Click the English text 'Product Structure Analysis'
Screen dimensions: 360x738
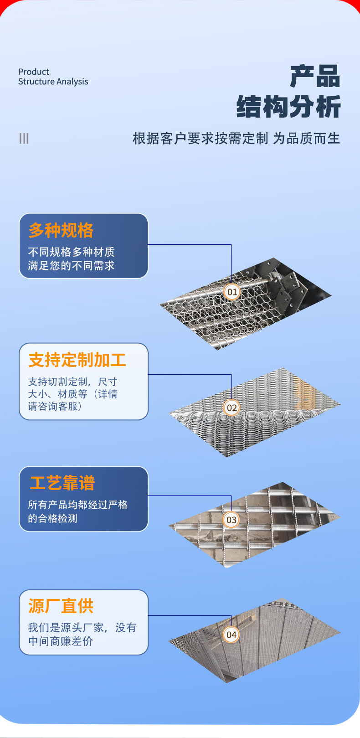(53, 77)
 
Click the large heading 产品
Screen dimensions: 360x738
(315, 76)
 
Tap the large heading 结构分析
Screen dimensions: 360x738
(288, 107)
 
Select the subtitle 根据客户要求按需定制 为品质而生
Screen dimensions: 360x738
(236, 138)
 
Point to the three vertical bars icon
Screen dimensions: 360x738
(24, 138)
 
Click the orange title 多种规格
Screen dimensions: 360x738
(61, 231)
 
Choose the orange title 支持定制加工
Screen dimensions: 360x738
(77, 360)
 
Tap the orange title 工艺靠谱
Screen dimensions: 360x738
(62, 483)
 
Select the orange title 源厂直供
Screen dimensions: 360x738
(61, 606)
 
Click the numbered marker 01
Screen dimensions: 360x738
(232, 292)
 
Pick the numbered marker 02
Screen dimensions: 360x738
(231, 408)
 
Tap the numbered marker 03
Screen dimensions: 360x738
(231, 520)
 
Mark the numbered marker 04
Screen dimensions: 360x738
(231, 635)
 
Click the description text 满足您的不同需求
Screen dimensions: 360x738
(71, 265)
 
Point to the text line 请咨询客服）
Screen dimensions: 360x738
(55, 406)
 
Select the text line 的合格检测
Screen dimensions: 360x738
(52, 518)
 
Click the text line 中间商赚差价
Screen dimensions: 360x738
(61, 641)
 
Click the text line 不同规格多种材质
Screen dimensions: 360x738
(71, 252)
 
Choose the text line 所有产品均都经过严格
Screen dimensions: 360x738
(77, 505)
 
